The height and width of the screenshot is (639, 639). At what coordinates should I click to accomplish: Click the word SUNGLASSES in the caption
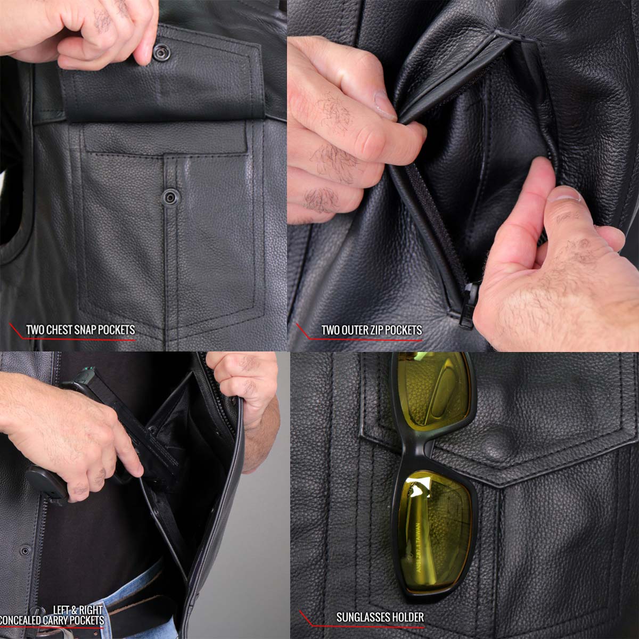363,617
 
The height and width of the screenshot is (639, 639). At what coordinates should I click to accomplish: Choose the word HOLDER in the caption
408,617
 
